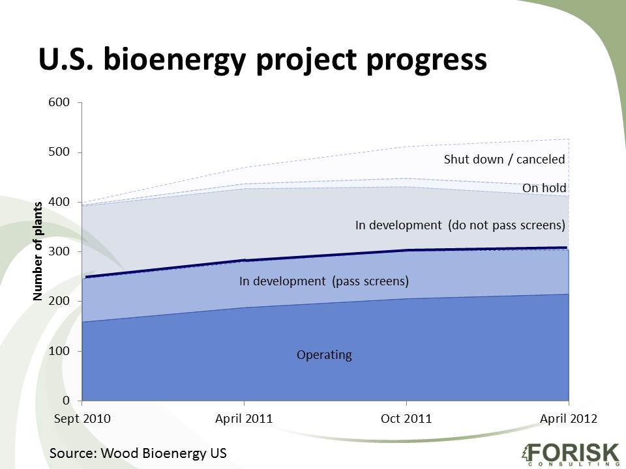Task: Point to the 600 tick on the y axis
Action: [59, 102]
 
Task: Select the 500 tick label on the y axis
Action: [59, 152]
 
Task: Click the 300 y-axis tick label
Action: [59, 251]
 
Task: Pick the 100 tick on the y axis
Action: [59, 351]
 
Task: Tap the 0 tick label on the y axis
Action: [66, 400]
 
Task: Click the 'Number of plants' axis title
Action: [38, 251]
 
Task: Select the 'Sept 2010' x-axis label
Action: [82, 418]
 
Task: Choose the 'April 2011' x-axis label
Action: [244, 419]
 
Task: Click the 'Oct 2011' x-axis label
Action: [406, 418]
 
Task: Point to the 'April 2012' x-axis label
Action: [569, 419]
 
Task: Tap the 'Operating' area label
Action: [324, 355]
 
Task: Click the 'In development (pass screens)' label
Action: [324, 281]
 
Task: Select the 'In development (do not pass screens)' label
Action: [460, 225]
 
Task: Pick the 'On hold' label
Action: [544, 188]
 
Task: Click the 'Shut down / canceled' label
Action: [505, 160]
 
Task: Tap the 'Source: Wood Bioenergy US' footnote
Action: [138, 453]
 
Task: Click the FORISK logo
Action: [571, 453]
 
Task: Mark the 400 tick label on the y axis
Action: [59, 202]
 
